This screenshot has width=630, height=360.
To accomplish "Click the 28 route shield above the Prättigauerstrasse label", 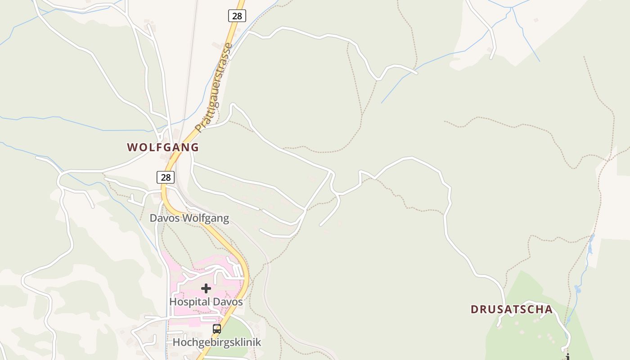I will [237, 16].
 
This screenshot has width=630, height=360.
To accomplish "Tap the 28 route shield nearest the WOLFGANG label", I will [166, 177].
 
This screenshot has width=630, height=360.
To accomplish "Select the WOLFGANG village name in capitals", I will [163, 147].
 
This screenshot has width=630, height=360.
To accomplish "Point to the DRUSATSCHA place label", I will [512, 310].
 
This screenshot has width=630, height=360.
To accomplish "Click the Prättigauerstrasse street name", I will [215, 87].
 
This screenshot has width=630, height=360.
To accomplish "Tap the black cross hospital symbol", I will [206, 288].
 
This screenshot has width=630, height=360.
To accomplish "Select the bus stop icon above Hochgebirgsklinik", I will [217, 329].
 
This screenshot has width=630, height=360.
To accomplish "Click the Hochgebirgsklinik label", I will [217, 342].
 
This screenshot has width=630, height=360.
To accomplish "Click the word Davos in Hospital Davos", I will [230, 302].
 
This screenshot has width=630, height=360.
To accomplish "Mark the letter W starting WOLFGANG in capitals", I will [132, 147].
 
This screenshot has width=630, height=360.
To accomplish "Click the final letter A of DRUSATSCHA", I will [549, 310].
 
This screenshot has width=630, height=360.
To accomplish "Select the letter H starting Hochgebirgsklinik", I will [177, 342].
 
